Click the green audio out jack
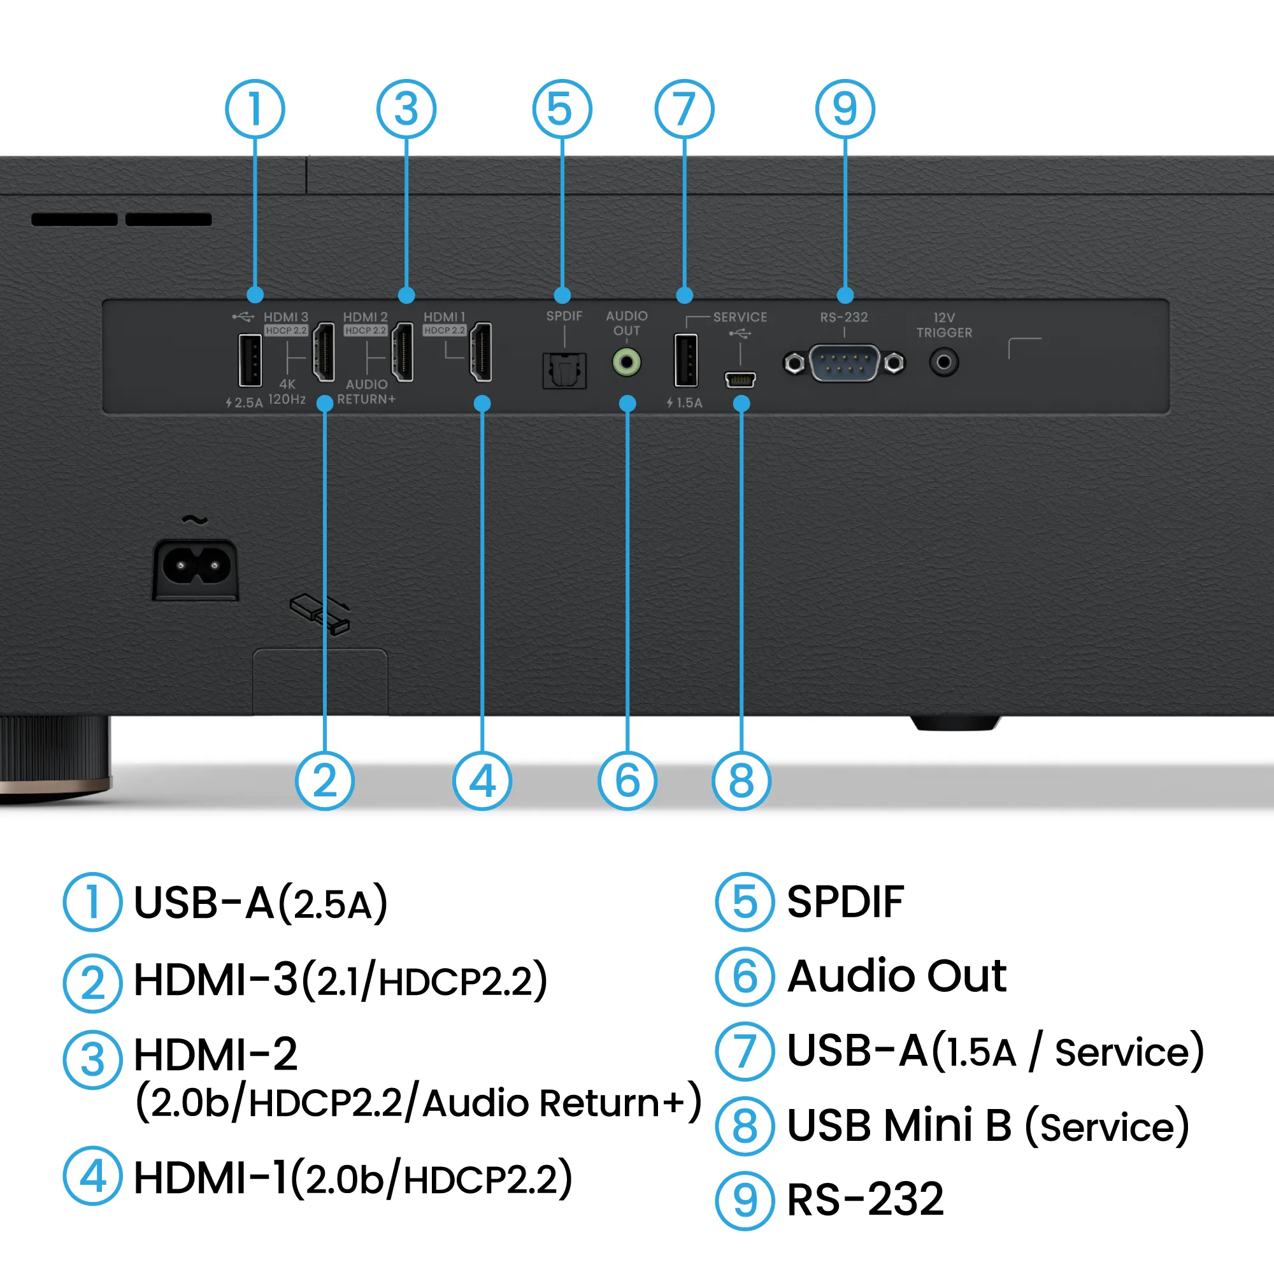click(x=626, y=362)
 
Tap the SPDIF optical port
click(x=564, y=370)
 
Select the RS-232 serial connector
click(x=844, y=362)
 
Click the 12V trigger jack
click(x=943, y=362)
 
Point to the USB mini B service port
click(x=740, y=379)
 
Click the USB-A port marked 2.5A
click(x=250, y=360)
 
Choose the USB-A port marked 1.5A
click(x=685, y=360)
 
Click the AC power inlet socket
click(x=196, y=567)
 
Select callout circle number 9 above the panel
click(x=845, y=109)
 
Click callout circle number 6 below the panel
click(x=627, y=781)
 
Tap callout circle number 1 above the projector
click(x=255, y=109)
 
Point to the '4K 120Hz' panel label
click(x=287, y=392)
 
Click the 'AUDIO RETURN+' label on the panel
click(x=366, y=392)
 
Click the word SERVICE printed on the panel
click(x=740, y=317)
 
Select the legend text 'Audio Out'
click(x=897, y=976)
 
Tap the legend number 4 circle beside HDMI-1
click(x=93, y=1177)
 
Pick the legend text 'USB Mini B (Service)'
click(x=988, y=1126)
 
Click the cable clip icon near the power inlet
click(x=320, y=613)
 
